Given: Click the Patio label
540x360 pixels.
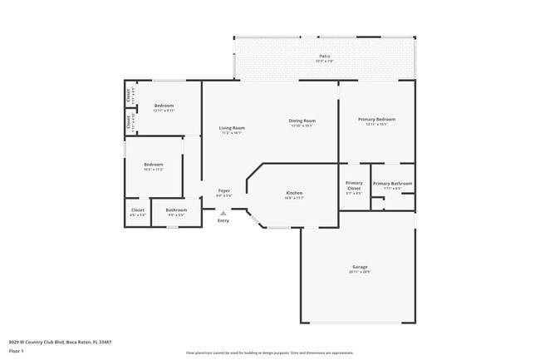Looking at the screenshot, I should click(323, 56).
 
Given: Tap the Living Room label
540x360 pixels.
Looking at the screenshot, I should click(232, 128).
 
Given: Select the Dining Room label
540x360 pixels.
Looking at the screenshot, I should click(302, 121).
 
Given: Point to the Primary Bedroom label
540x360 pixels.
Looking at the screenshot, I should click(376, 120).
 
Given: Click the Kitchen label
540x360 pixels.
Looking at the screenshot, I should click(294, 193).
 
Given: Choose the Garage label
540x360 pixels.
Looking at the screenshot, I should click(360, 267).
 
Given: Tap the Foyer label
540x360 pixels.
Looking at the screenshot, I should click(223, 191).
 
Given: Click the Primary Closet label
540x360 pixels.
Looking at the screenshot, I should click(354, 183).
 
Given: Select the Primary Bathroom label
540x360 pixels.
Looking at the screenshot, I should click(392, 183).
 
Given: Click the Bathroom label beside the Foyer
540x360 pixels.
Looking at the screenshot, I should click(176, 210).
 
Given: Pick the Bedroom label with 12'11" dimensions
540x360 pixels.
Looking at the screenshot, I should click(164, 106).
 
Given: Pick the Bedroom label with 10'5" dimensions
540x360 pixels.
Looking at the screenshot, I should click(153, 165).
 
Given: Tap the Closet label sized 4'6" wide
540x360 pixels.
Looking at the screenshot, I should click(138, 210).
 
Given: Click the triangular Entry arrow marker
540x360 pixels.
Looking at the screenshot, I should click(223, 213).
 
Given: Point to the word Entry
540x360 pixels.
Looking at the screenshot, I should click(223, 220).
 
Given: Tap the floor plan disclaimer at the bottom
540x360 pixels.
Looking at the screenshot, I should click(270, 353).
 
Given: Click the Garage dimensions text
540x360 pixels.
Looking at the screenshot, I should click(360, 272).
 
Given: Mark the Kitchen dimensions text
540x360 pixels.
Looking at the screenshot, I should click(294, 198).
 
